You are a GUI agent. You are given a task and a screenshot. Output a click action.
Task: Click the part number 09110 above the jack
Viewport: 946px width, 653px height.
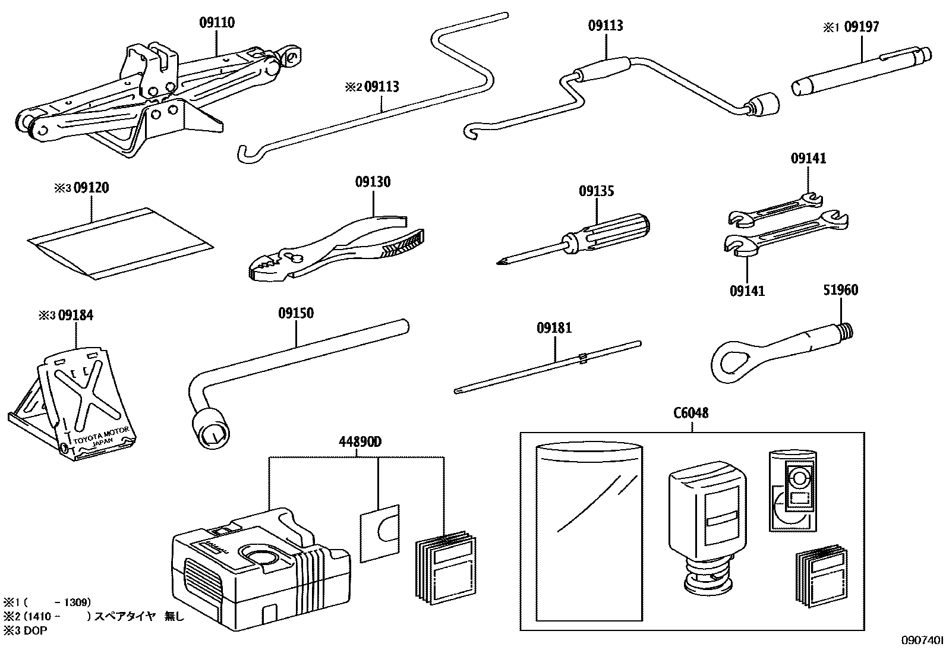216,23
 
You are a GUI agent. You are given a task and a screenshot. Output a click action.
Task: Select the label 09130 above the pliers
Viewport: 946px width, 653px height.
373,182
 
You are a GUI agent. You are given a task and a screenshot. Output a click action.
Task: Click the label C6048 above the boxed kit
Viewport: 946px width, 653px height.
690,413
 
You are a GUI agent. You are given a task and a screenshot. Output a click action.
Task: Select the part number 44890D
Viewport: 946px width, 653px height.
360,442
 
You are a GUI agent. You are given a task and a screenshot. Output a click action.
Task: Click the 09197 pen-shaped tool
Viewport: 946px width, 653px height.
860,71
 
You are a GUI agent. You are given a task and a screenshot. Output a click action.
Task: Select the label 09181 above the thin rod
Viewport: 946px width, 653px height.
554,328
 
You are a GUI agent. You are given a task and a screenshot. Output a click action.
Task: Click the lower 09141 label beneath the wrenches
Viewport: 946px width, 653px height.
747,291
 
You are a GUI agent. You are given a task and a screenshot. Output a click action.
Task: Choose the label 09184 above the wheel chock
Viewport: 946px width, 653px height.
75,316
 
